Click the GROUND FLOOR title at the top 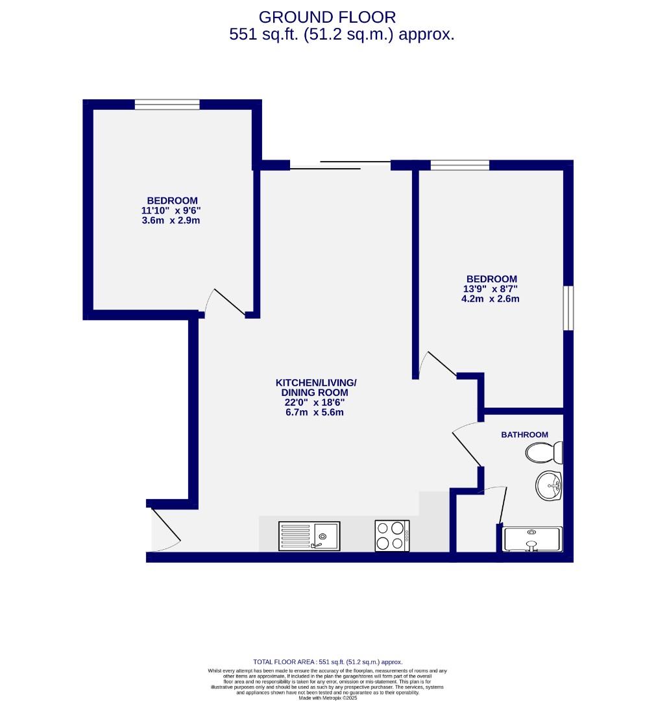pyautogui.click(x=327, y=16)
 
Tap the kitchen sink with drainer pyautogui.click(x=309, y=536)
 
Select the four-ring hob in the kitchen pyautogui.click(x=392, y=536)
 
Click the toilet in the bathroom pyautogui.click(x=544, y=452)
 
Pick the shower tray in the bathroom pyautogui.click(x=532, y=539)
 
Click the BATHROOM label pyautogui.click(x=524, y=435)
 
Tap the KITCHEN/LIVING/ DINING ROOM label pyautogui.click(x=315, y=387)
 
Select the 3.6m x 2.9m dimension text pyautogui.click(x=171, y=221)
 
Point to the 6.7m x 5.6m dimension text pyautogui.click(x=315, y=412)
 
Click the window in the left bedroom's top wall pyautogui.click(x=167, y=104)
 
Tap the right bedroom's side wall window pyautogui.click(x=568, y=308)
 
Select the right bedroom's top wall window pyautogui.click(x=459, y=165)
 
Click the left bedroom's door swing pyautogui.click(x=224, y=302)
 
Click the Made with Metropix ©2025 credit pyautogui.click(x=327, y=698)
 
